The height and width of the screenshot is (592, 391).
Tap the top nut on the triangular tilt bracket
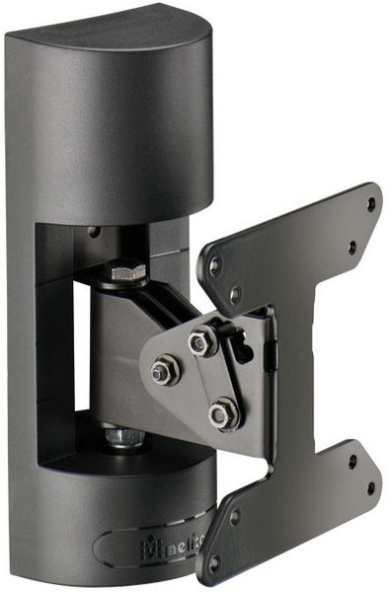(x=202, y=341)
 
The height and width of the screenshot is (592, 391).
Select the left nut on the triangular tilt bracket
(x=162, y=373)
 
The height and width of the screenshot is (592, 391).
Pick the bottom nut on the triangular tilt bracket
(x=224, y=412)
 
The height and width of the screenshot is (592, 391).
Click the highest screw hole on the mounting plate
(x=371, y=204)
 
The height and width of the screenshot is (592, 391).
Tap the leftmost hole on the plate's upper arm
(x=214, y=266)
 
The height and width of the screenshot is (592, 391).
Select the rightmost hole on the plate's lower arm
(x=370, y=488)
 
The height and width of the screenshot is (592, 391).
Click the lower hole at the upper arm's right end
(x=352, y=248)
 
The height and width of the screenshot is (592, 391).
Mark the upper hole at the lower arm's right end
(x=352, y=460)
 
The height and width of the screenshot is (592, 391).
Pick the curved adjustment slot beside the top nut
(x=238, y=340)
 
